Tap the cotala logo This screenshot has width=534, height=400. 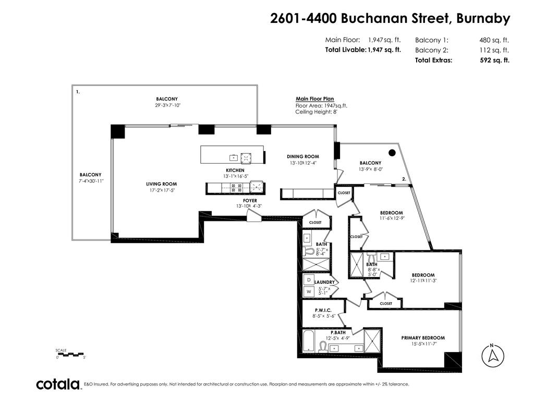(x=57, y=384)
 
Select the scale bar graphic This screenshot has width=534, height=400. (x=70, y=354)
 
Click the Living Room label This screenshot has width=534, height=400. (x=161, y=184)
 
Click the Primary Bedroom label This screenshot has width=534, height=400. (x=423, y=337)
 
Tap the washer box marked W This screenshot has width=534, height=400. (x=308, y=292)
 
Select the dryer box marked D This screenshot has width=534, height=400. (x=308, y=279)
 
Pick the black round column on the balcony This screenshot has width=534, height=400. (x=392, y=153)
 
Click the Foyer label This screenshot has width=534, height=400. (x=250, y=201)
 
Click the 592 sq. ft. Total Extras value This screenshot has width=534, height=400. (x=494, y=60)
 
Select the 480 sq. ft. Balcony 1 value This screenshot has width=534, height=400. (x=494, y=40)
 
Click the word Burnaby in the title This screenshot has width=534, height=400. (x=483, y=19)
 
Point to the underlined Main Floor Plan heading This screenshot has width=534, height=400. (x=314, y=99)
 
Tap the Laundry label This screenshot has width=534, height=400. (x=324, y=282)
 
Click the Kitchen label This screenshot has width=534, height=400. (x=235, y=170)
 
